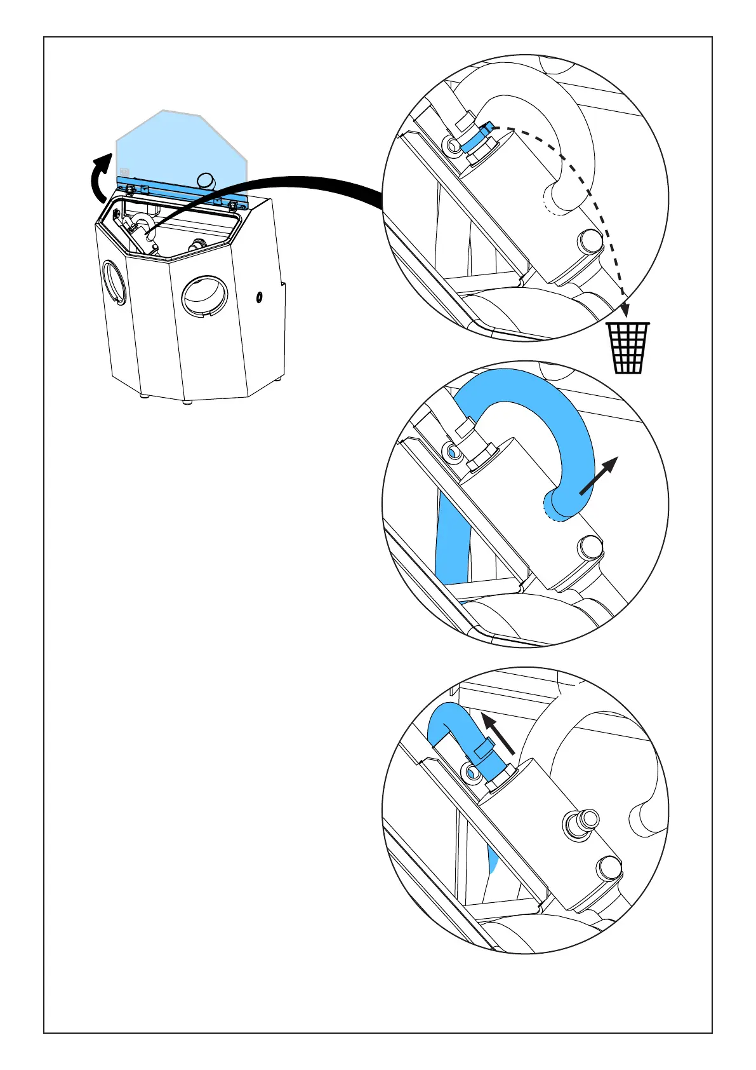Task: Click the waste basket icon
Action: click(x=628, y=348)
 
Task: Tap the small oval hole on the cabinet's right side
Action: click(x=259, y=297)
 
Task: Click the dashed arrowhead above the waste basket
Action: click(x=625, y=310)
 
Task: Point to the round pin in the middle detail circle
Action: click(x=590, y=546)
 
